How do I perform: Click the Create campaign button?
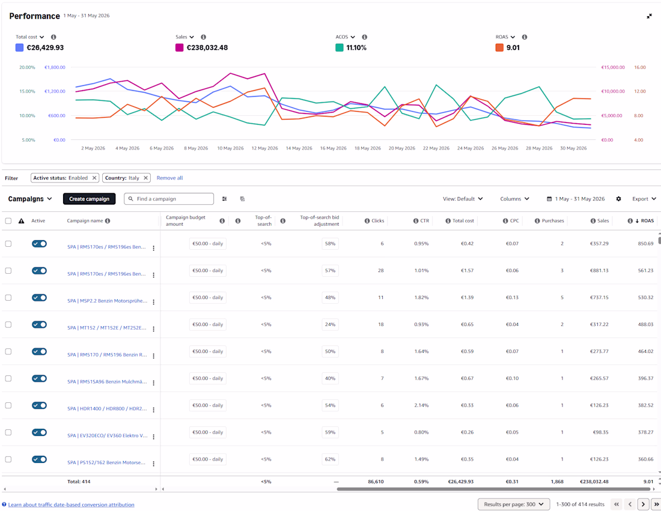(89, 199)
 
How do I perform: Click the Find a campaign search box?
(169, 199)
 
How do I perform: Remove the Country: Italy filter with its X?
(145, 178)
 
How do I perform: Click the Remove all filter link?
(169, 178)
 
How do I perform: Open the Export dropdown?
(644, 199)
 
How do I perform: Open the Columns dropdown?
(514, 199)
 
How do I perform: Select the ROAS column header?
(647, 221)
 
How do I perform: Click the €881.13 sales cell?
(599, 270)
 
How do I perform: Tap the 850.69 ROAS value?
(645, 244)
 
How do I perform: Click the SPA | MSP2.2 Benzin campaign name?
(107, 301)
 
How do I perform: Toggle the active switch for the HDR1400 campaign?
(39, 405)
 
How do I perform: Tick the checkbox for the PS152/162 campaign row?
(8, 459)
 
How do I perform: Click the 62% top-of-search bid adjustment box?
(330, 459)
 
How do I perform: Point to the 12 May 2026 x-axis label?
(265, 148)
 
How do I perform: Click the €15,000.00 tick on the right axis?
(612, 67)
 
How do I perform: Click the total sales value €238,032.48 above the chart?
(207, 47)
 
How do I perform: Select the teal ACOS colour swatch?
(340, 47)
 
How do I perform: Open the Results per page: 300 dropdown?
(513, 504)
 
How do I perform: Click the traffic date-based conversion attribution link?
(71, 504)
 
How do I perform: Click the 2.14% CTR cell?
(421, 405)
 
